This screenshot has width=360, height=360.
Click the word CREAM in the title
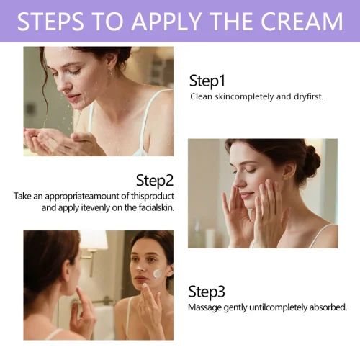tap(302, 21)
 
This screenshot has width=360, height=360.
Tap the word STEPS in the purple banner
tap(50, 21)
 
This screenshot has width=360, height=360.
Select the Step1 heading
tap(207, 81)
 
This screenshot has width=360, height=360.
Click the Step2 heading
tap(155, 181)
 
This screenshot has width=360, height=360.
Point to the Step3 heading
tap(207, 292)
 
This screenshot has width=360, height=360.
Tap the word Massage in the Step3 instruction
tap(204, 307)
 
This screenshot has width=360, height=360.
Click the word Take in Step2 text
tap(22, 196)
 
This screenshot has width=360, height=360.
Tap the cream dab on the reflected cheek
tap(158, 273)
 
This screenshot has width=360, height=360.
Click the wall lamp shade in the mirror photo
tap(94, 240)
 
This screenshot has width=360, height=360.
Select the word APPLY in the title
tap(166, 21)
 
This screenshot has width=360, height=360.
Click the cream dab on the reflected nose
tap(139, 268)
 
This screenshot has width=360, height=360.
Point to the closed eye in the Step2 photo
tap(250, 171)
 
